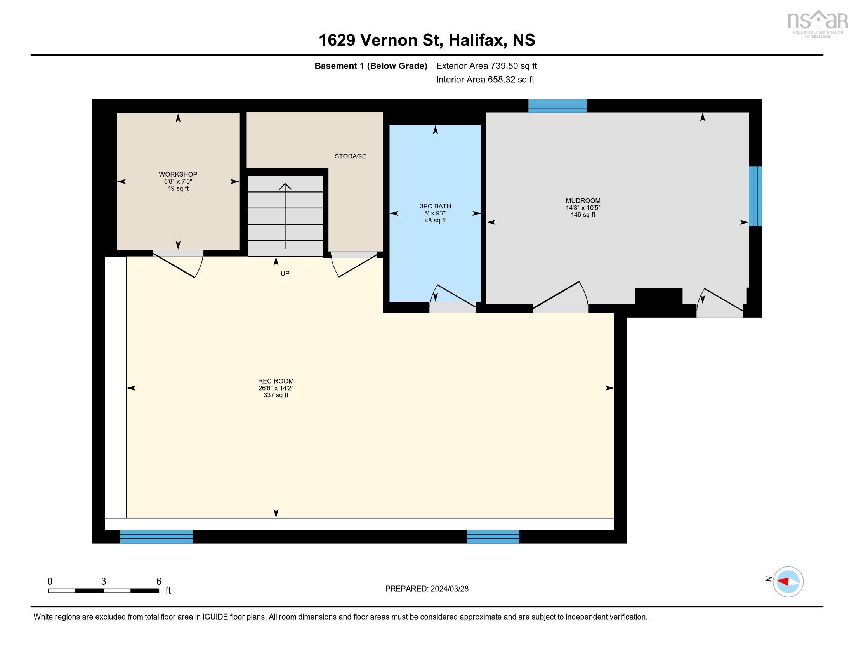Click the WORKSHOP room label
178,174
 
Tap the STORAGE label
350,156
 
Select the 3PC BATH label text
435,206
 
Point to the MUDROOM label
583,201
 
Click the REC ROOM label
276,381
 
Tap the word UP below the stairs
285,273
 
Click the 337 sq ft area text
276,395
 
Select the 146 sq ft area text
583,215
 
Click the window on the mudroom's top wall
557,106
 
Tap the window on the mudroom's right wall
755,196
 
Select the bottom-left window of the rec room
156,537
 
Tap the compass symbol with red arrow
788,582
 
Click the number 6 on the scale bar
159,581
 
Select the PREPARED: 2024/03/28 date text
427,589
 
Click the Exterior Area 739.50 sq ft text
486,66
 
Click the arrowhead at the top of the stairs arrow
285,186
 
